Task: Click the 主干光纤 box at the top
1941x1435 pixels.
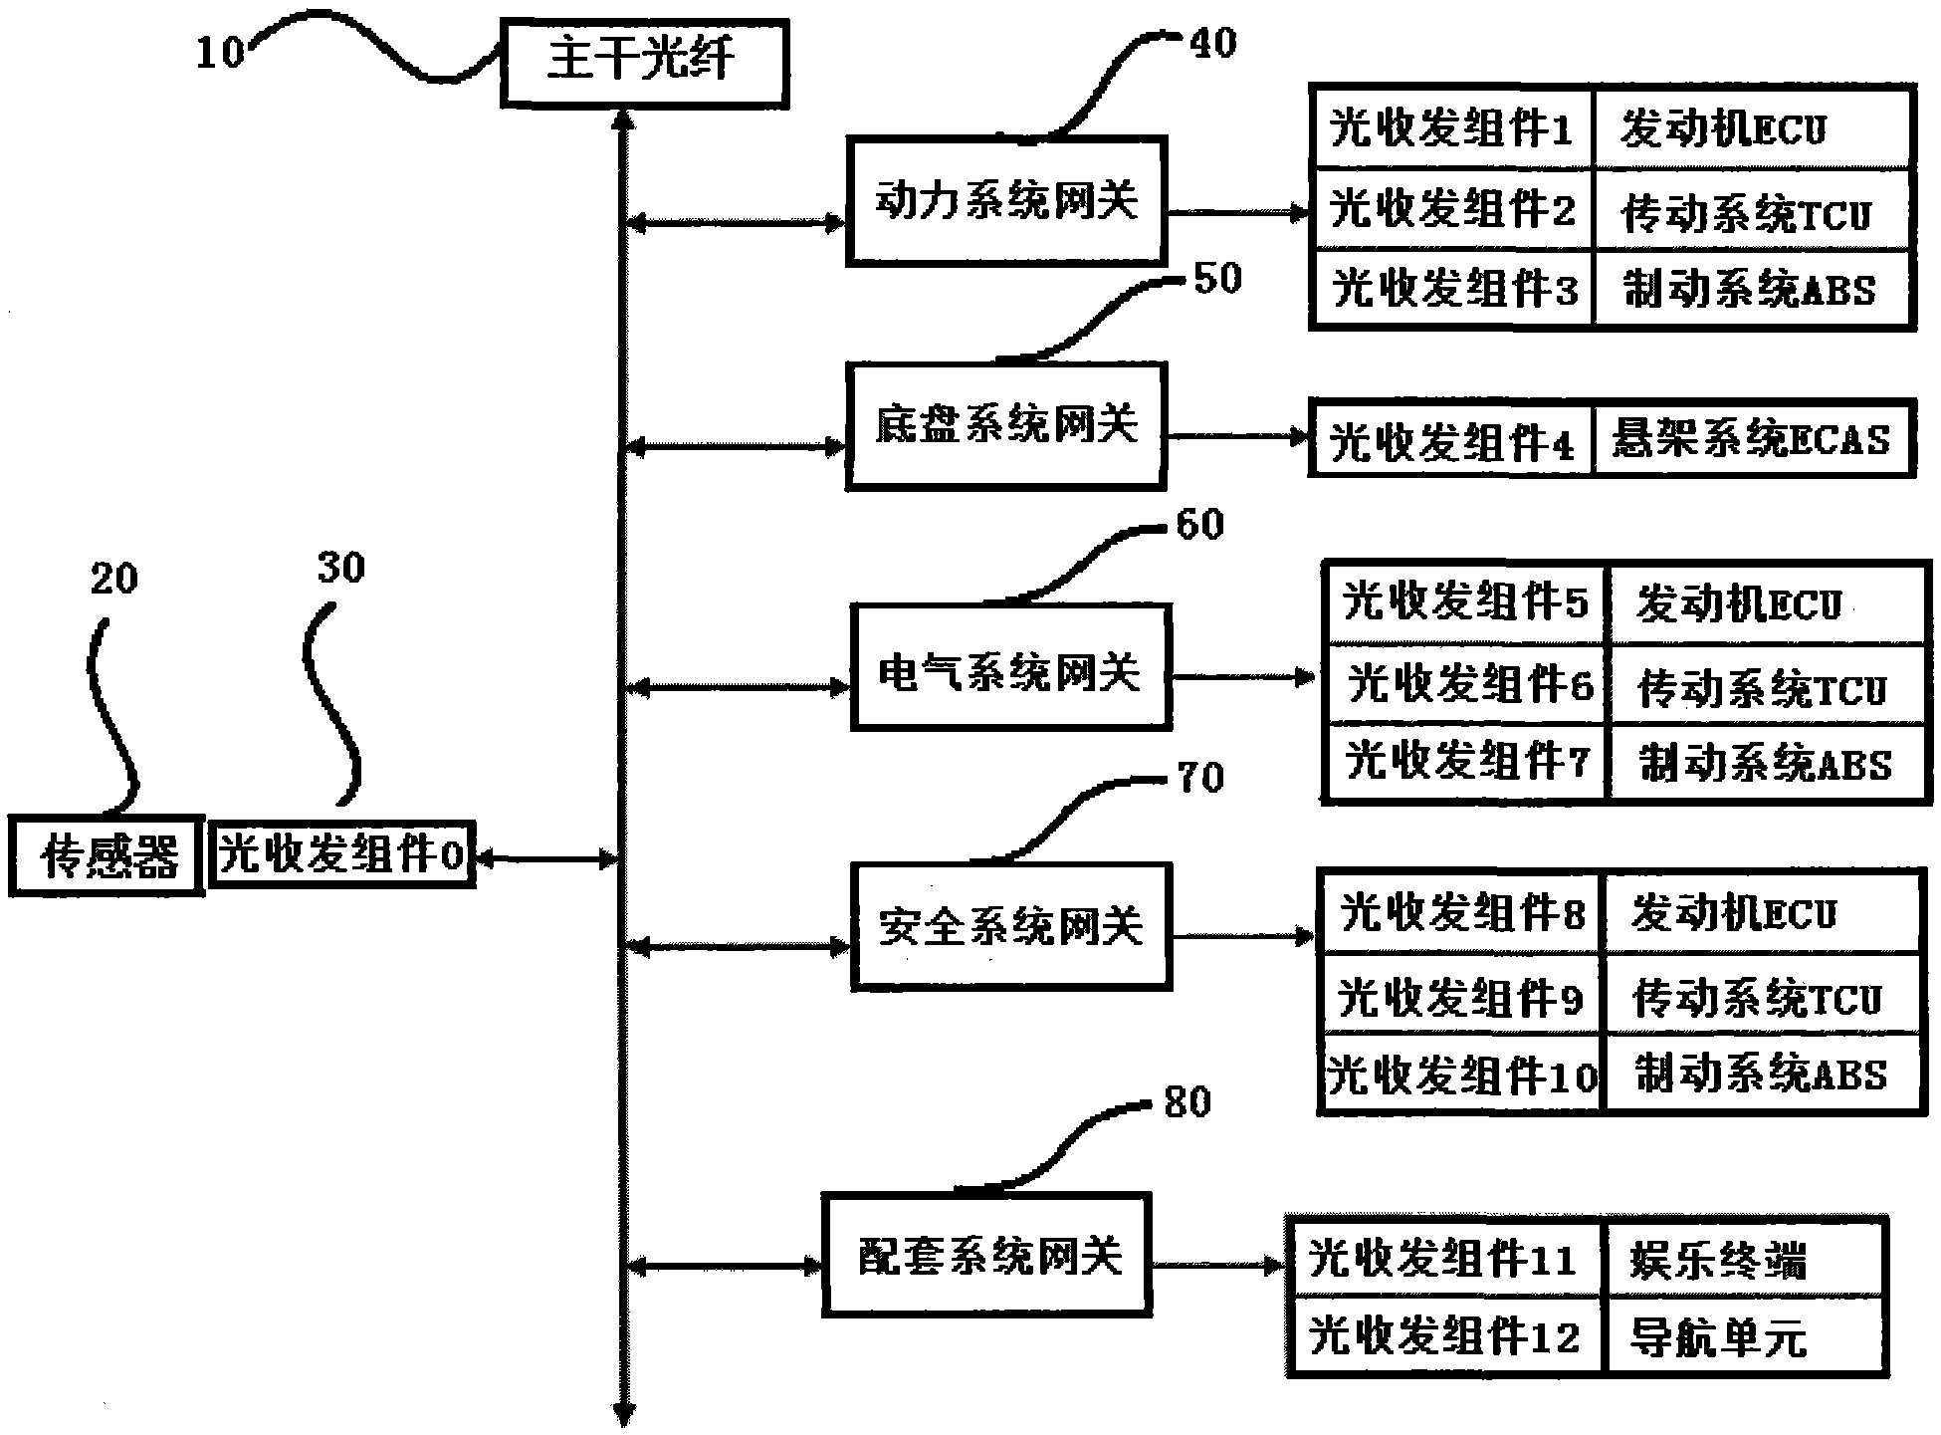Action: [x=644, y=62]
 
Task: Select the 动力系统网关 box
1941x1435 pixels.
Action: [x=1005, y=202]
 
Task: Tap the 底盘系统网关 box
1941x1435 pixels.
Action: [x=1005, y=426]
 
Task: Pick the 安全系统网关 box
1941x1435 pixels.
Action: [x=1010, y=926]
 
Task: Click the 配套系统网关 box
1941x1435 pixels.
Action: [x=986, y=1255]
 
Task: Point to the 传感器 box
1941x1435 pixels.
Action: [x=107, y=856]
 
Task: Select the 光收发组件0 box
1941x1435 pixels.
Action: [x=341, y=854]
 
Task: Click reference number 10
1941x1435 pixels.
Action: [x=220, y=52]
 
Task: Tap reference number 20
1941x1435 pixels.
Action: [x=113, y=578]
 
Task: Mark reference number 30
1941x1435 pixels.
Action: [x=341, y=568]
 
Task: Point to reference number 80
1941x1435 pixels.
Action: [x=1186, y=1101]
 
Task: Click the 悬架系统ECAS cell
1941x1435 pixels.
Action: [x=1752, y=439]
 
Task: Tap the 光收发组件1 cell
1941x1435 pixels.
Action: [x=1451, y=127]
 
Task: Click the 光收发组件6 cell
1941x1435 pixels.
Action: [x=1466, y=685]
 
